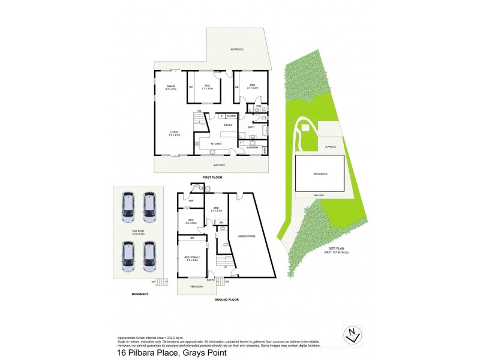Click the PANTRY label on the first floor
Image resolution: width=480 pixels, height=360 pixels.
[x=231, y=115]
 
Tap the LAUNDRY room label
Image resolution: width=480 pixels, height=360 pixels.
[x=252, y=148]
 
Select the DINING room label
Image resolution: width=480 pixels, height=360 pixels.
[x=171, y=88]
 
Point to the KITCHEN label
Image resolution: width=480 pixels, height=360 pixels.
[x=216, y=145]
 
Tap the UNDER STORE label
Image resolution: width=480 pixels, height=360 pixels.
[x=247, y=237]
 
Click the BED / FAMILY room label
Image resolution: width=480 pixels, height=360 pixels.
[x=191, y=258]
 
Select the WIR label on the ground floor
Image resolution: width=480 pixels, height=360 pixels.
[x=191, y=201]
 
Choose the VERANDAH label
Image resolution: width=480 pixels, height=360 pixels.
[x=197, y=287]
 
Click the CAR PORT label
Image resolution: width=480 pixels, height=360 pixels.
[x=139, y=231]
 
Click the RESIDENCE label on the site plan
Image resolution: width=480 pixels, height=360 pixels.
[x=320, y=173]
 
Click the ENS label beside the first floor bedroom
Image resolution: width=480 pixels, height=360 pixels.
[x=258, y=106]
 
